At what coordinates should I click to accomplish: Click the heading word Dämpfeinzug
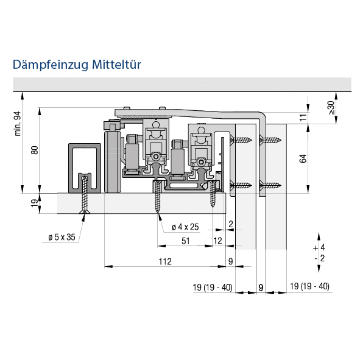click(x=51, y=65)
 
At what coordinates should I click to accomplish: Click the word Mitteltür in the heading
click(x=116, y=65)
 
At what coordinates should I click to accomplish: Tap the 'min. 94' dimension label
click(x=18, y=124)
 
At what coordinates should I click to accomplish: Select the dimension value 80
click(x=35, y=150)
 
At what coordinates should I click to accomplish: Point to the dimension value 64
click(x=303, y=158)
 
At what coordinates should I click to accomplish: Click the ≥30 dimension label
click(x=331, y=108)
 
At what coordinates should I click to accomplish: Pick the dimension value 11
click(x=303, y=117)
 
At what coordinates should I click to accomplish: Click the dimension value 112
click(x=165, y=261)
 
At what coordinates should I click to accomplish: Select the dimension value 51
click(x=186, y=241)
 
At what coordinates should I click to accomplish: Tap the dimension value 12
click(x=217, y=241)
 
